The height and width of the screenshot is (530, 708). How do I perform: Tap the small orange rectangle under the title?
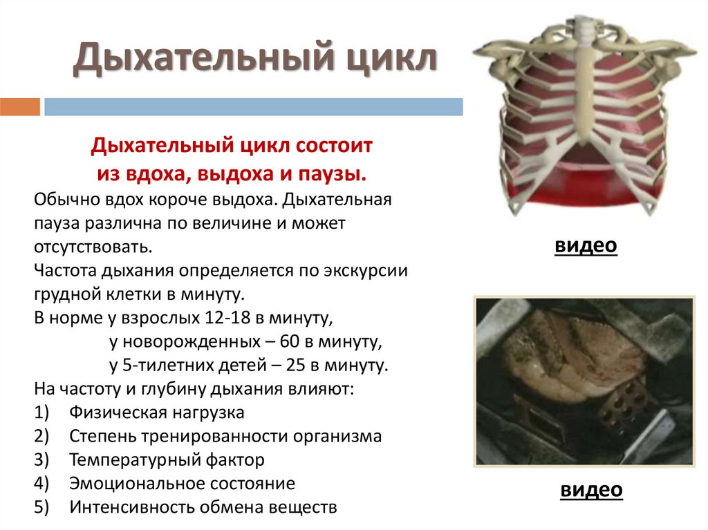tap(20, 106)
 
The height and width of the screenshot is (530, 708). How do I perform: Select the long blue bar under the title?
tap(253, 106)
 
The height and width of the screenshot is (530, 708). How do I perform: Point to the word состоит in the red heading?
tap(335, 146)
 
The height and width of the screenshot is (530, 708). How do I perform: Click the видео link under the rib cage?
tap(585, 246)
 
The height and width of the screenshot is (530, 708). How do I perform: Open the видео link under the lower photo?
tap(591, 491)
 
